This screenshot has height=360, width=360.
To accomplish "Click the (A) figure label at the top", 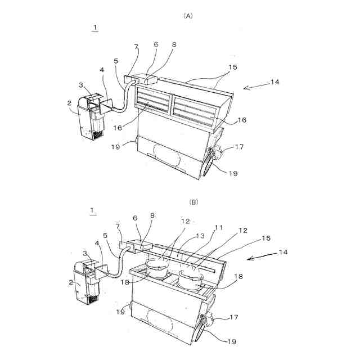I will click(188, 16).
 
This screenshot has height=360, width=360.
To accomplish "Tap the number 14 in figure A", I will click(275, 82).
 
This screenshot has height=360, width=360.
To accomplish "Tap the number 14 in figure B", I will click(283, 252).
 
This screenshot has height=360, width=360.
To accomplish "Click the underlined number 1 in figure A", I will click(95, 27).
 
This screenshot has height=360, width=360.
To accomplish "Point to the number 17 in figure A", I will click(239, 148).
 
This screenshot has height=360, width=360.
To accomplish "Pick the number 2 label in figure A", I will click(69, 104).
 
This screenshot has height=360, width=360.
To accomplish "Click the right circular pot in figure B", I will click(191, 278).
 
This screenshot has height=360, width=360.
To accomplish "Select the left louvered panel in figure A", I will click(150, 103).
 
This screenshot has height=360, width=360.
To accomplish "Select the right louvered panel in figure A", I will click(195, 110).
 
